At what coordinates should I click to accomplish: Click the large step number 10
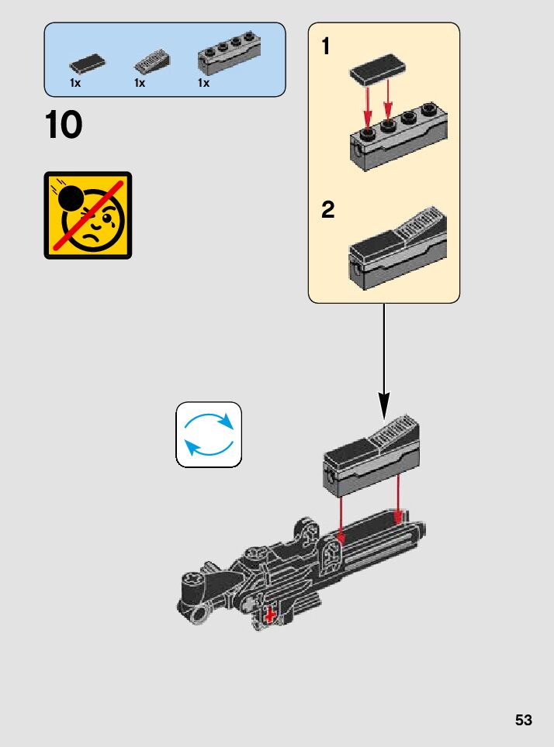click(x=64, y=126)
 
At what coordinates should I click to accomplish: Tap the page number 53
click(x=524, y=720)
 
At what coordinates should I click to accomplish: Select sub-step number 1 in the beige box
click(x=326, y=47)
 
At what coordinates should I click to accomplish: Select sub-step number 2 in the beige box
click(x=328, y=210)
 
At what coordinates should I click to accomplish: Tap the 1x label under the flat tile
click(x=75, y=83)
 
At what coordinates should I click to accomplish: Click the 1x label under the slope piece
click(x=140, y=83)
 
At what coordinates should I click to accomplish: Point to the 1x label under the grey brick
click(x=204, y=83)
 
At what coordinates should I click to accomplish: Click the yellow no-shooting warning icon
click(x=88, y=215)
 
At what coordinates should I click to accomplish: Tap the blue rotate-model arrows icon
click(x=209, y=435)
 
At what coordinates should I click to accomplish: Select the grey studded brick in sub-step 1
click(x=398, y=139)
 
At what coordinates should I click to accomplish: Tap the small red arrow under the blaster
click(x=270, y=614)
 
